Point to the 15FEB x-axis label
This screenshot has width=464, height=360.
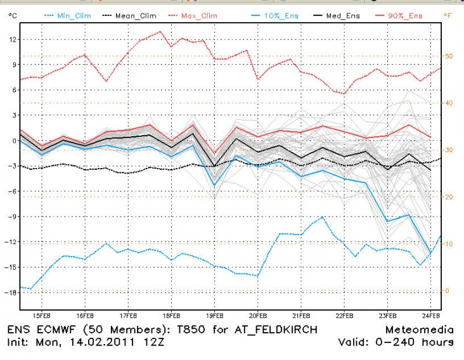coord(42,315)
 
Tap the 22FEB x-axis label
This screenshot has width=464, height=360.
coord(344,315)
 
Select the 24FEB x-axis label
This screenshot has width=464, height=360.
coord(430,315)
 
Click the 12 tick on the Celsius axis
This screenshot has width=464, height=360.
coord(13,39)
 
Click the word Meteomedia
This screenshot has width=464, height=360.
coord(419,330)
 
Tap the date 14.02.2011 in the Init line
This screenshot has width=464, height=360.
coord(111,343)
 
